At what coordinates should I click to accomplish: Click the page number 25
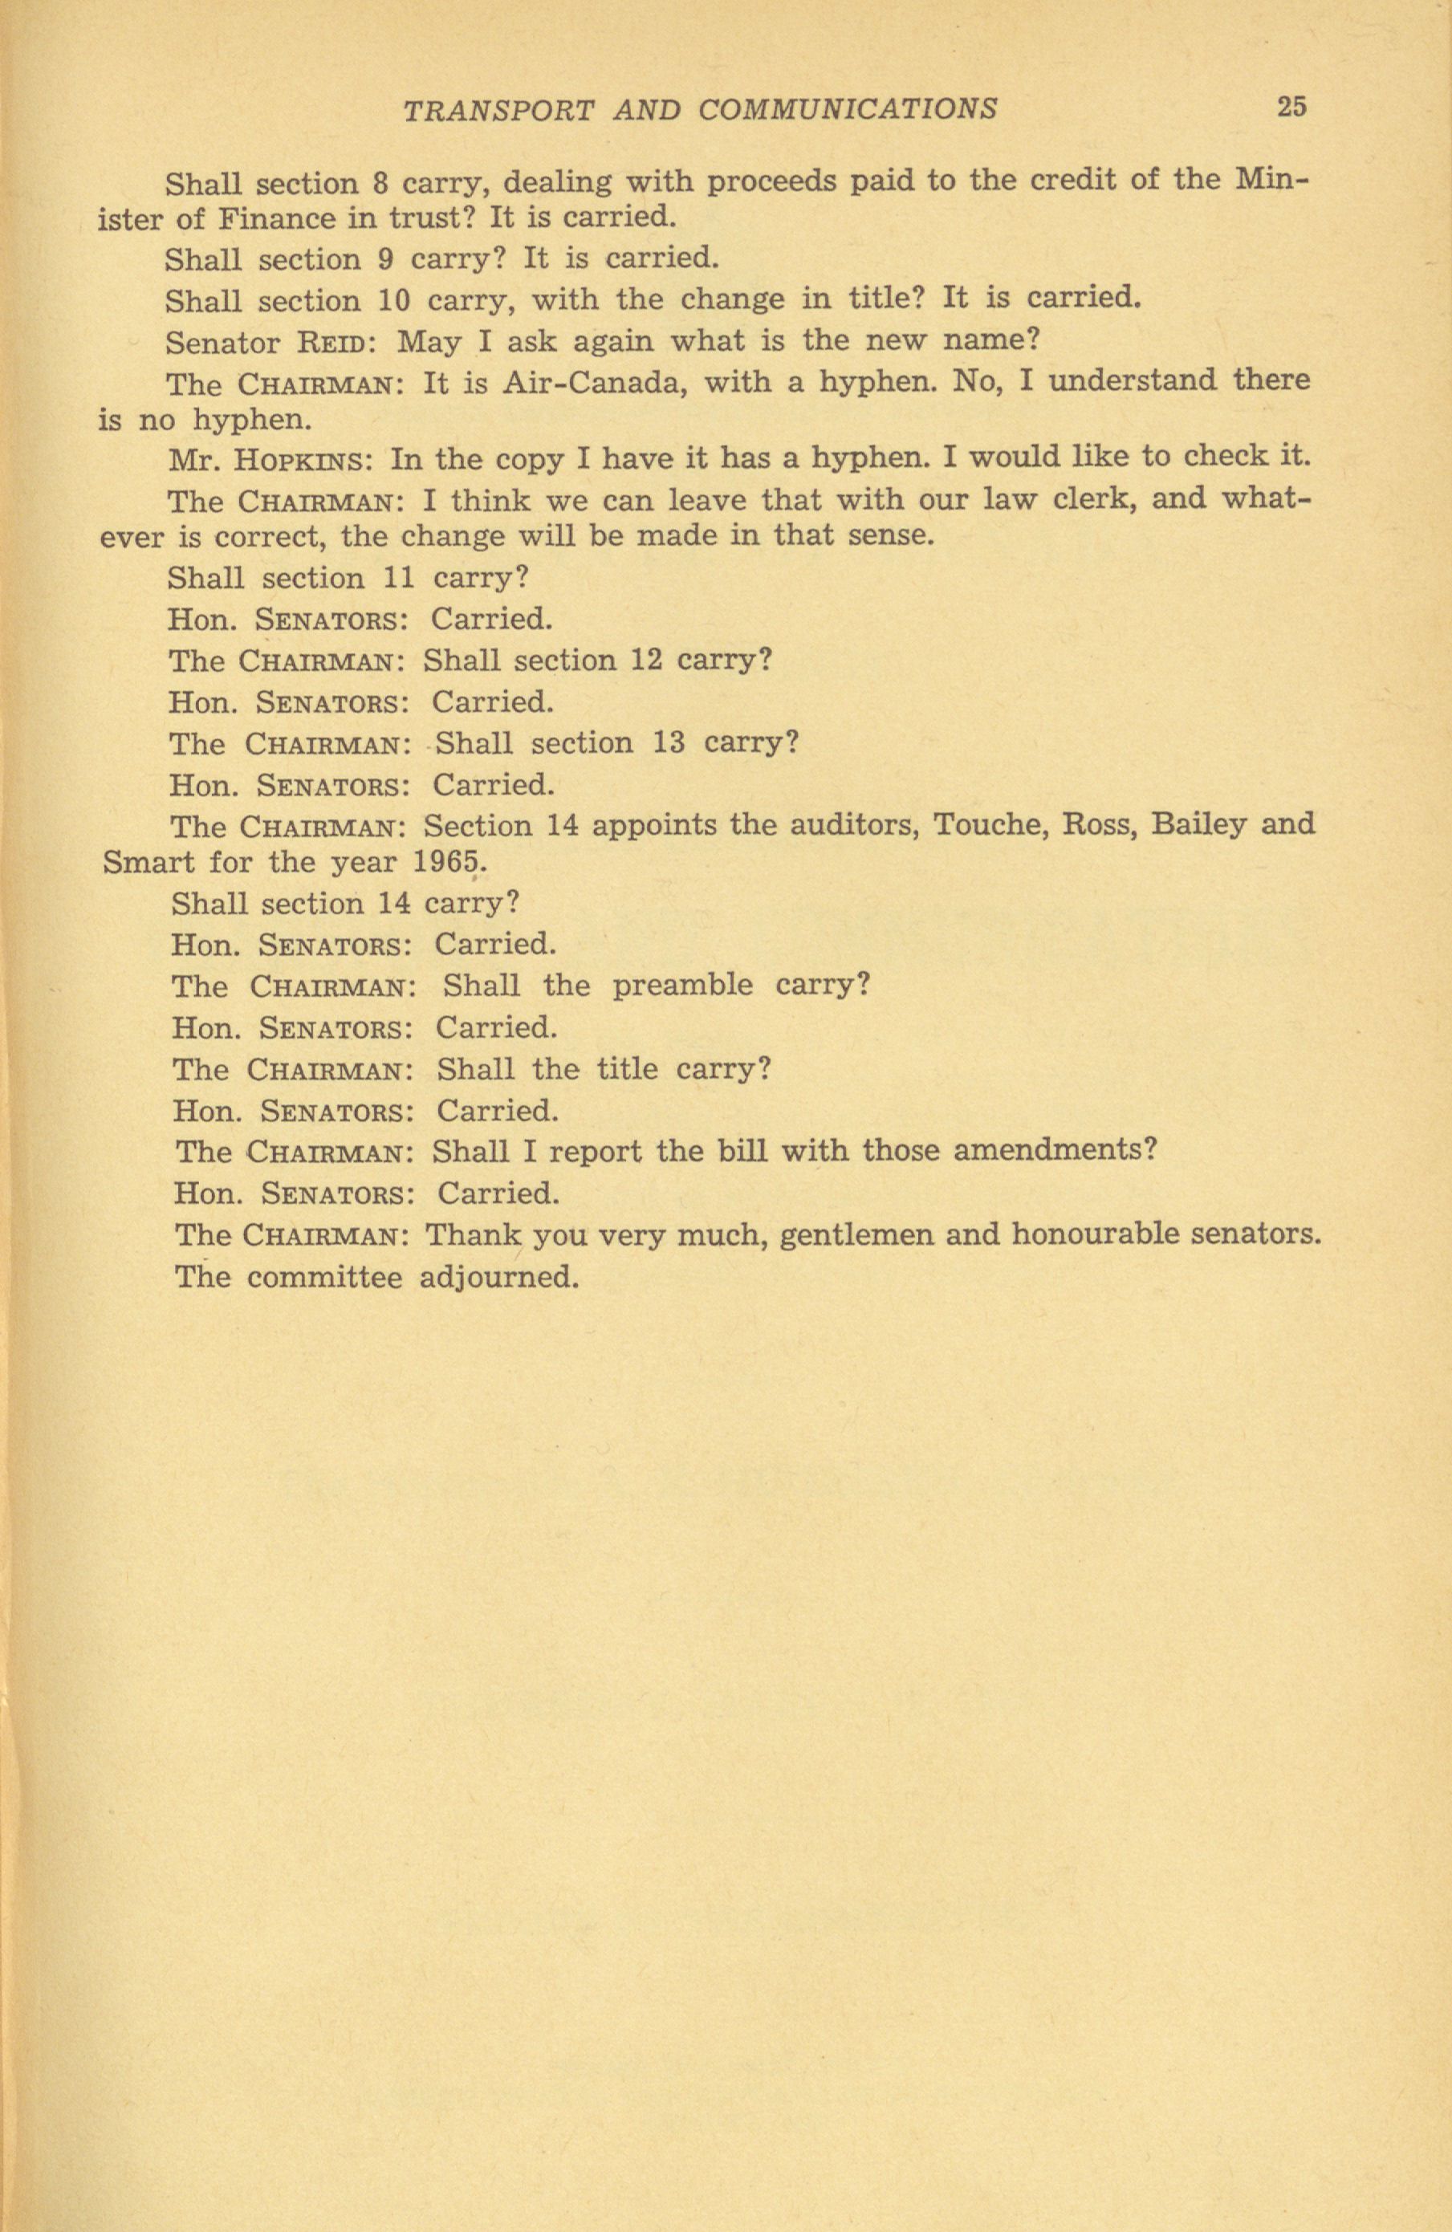(x=1291, y=107)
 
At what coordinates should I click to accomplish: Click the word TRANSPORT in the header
(x=498, y=111)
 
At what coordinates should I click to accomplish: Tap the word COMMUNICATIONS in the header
(x=848, y=110)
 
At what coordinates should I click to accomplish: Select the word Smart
(x=149, y=861)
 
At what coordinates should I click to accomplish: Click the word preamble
(x=682, y=986)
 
